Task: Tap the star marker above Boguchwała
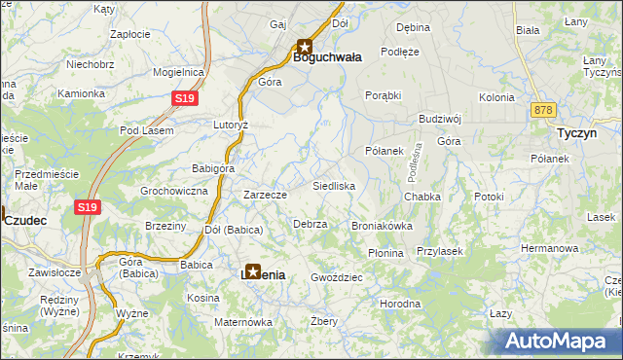304,45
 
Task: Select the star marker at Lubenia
253,273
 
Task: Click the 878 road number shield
544,111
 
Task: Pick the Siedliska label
334,186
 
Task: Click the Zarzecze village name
265,195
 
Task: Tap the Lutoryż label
232,126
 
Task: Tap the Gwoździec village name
337,277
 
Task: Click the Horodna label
400,304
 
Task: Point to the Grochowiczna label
174,192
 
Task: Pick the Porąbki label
384,95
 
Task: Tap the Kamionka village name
81,94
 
